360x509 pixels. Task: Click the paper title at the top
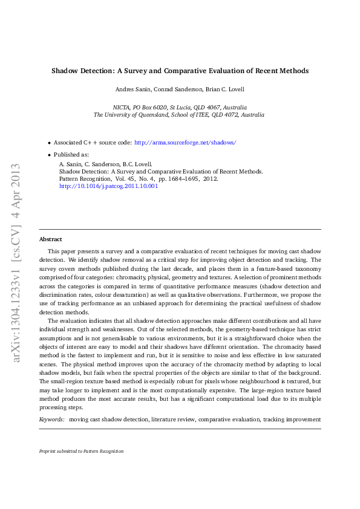(180, 71)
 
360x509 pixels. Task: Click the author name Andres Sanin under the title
(133, 89)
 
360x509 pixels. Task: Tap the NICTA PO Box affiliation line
(180, 106)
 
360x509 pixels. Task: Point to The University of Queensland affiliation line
(180, 114)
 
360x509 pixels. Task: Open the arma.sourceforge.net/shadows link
(185, 143)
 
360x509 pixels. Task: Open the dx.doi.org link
(109, 187)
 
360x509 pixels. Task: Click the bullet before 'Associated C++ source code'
(49, 143)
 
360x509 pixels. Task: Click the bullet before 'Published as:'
(49, 155)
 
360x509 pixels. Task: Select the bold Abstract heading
(51, 239)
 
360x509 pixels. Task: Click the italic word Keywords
(51, 419)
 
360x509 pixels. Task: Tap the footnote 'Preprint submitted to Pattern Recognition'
(81, 451)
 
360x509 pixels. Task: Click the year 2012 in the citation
(211, 179)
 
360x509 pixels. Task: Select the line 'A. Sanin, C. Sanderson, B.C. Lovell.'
(105, 164)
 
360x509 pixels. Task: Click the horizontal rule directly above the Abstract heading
(180, 230)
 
